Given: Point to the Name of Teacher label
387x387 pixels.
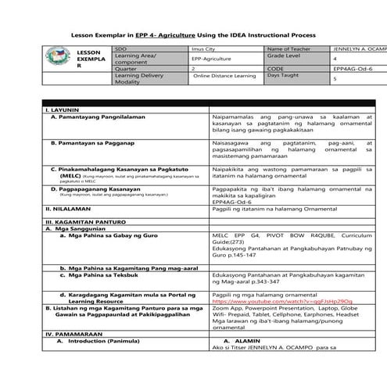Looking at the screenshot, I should tap(286, 48).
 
